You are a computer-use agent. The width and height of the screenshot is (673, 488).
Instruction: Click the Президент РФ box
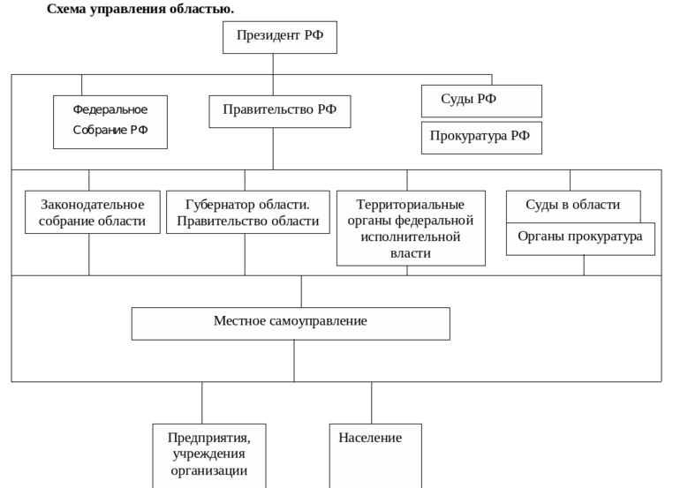click(x=280, y=38)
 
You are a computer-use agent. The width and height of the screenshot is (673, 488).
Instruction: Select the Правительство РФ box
click(x=280, y=111)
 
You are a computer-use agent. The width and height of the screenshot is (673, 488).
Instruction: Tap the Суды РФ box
click(x=481, y=101)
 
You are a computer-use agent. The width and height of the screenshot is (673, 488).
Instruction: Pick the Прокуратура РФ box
click(x=481, y=138)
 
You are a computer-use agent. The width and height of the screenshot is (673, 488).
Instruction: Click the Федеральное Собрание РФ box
click(x=110, y=121)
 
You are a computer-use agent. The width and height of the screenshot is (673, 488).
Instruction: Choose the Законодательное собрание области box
click(x=93, y=213)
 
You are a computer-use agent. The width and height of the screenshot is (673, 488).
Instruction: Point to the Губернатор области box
click(x=247, y=213)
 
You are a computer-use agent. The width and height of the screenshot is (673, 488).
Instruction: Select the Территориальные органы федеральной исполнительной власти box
click(x=411, y=229)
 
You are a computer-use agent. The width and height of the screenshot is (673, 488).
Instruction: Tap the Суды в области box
click(x=572, y=206)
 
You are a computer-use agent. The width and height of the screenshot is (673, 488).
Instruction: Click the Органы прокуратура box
click(x=580, y=238)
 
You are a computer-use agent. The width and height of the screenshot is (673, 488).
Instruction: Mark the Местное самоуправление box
click(x=291, y=323)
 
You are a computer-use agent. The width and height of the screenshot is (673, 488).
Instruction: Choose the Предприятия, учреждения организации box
click(x=209, y=454)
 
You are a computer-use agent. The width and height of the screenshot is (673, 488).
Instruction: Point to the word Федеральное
click(x=110, y=109)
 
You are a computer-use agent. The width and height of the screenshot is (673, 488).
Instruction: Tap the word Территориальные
click(x=411, y=205)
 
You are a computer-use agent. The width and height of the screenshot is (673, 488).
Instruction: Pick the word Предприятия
click(x=209, y=438)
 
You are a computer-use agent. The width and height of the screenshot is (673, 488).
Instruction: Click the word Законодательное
click(x=93, y=205)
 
